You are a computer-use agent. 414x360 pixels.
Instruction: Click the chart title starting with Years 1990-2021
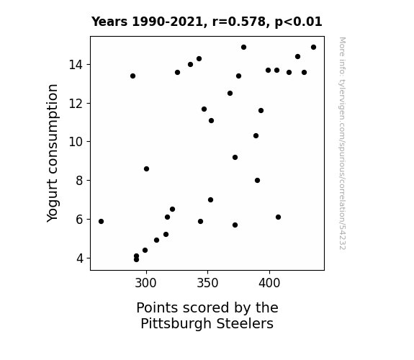(207, 22)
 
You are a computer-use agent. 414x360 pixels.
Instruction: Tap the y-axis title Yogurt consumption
(53, 153)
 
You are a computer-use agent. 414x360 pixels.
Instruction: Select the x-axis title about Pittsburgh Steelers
(207, 315)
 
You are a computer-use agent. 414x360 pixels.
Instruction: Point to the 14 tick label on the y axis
(76, 65)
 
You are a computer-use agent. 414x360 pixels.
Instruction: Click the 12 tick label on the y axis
(76, 103)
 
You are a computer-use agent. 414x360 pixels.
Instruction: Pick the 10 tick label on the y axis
(76, 142)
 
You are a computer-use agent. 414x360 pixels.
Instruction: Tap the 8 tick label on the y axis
(79, 181)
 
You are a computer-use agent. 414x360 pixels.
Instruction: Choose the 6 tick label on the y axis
(79, 219)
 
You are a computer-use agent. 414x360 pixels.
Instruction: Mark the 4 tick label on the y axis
(79, 258)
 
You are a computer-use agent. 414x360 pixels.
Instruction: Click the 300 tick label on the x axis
(145, 283)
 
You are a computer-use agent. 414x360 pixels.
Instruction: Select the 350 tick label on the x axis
(207, 283)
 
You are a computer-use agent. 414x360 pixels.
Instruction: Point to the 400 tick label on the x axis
(269, 283)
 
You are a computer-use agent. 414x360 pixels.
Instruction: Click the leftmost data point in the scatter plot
(101, 221)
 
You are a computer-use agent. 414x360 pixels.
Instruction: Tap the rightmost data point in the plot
(314, 48)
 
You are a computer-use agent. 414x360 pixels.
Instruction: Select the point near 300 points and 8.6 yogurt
(147, 168)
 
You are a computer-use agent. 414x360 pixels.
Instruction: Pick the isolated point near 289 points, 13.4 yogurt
(132, 76)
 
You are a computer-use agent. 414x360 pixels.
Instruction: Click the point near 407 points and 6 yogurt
(279, 217)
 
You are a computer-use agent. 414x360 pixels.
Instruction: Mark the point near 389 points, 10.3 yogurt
(256, 136)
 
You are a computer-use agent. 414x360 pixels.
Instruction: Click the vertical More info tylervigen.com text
(343, 143)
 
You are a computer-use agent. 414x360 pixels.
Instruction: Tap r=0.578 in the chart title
(239, 22)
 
